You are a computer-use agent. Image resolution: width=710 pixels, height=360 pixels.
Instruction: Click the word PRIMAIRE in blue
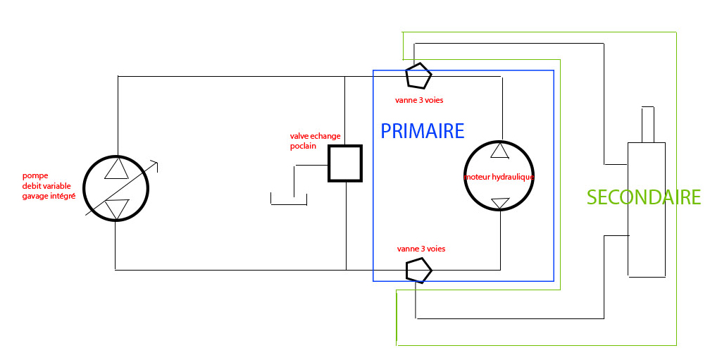[x=422, y=131]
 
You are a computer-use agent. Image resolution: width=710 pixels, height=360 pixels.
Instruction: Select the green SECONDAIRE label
[x=643, y=197]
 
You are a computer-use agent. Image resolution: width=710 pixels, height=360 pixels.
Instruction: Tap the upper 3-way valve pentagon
[x=418, y=74]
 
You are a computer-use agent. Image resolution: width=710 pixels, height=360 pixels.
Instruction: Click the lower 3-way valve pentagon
[x=418, y=270]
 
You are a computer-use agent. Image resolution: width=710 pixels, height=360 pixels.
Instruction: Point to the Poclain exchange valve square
[x=345, y=163]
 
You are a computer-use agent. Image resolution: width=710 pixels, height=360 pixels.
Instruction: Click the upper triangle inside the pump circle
[x=116, y=168]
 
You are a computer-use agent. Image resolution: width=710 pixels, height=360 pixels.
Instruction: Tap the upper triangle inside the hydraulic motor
[x=499, y=150]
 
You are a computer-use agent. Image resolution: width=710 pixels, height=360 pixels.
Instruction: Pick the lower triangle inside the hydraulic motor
[x=499, y=203]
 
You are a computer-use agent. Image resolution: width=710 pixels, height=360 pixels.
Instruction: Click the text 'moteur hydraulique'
[x=499, y=177]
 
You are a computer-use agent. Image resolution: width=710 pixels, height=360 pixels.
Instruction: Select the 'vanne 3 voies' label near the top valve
[x=419, y=100]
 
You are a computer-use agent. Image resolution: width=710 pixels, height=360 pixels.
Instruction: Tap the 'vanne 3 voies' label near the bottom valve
[x=421, y=249]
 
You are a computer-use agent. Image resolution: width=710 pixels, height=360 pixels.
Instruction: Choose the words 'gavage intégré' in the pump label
[x=49, y=195]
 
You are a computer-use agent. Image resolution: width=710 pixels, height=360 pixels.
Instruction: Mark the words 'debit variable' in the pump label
[x=47, y=185]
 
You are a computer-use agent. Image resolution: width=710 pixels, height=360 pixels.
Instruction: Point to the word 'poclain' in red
[x=303, y=146]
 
